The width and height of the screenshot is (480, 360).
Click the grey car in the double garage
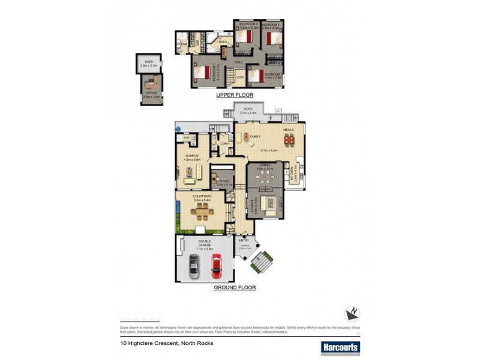pos(194,266)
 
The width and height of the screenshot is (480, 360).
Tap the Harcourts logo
pos(340,347)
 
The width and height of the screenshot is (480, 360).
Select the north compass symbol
pos(352,314)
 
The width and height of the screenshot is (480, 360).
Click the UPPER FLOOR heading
pos(235,95)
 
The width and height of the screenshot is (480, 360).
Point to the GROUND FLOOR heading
pos(235,288)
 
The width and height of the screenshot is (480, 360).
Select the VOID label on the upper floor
pos(239,77)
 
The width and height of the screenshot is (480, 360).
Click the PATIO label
pos(248,109)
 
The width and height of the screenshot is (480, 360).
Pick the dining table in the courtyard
pos(203,211)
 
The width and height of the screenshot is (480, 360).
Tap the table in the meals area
pos(289,140)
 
